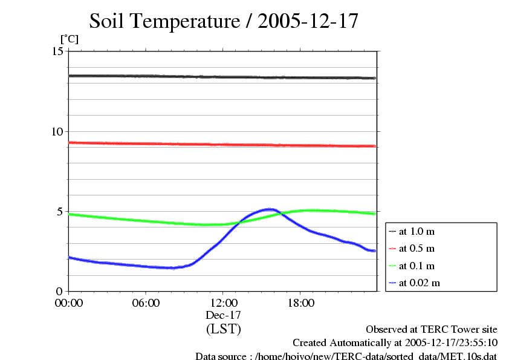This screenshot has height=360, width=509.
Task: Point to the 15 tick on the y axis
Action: tap(58, 51)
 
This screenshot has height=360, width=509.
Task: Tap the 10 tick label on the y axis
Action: tap(58, 131)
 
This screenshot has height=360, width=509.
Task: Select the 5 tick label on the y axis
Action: tap(60, 211)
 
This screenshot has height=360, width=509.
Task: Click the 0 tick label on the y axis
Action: tap(60, 291)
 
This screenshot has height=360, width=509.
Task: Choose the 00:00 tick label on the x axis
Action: tap(69, 303)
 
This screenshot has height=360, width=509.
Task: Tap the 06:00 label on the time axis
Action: tap(146, 303)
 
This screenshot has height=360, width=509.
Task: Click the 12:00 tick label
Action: tap(223, 303)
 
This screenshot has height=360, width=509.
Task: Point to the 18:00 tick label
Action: tap(300, 303)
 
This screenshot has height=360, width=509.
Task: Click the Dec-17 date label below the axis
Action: tap(223, 315)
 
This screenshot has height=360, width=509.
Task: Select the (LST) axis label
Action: tap(223, 329)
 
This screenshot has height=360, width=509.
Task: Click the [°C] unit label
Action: tap(69, 39)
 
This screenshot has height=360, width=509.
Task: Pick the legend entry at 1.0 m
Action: tap(417, 232)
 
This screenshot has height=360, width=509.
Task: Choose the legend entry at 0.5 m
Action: tap(417, 249)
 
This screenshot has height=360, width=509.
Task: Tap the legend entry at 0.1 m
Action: tap(417, 266)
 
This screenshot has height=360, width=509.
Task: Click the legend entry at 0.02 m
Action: tap(419, 283)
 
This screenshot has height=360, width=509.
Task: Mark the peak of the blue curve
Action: tap(270, 209)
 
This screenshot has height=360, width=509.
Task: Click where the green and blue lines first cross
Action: tap(238, 223)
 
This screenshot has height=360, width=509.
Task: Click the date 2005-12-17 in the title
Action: tap(308, 21)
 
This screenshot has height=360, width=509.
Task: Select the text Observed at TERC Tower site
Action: tap(432, 330)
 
